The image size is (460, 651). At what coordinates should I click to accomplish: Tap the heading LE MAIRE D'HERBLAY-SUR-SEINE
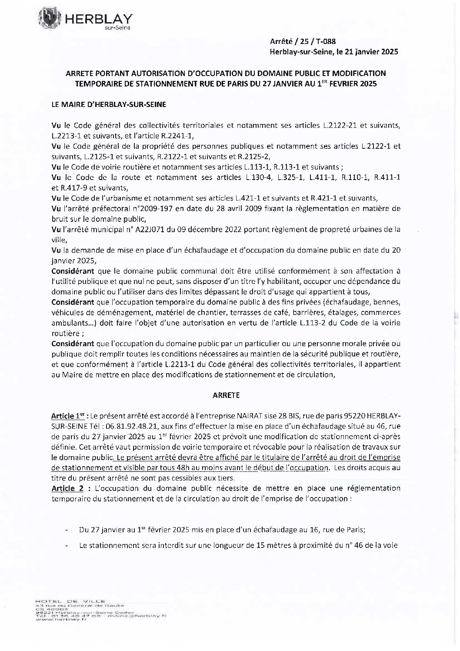click(x=108, y=104)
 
